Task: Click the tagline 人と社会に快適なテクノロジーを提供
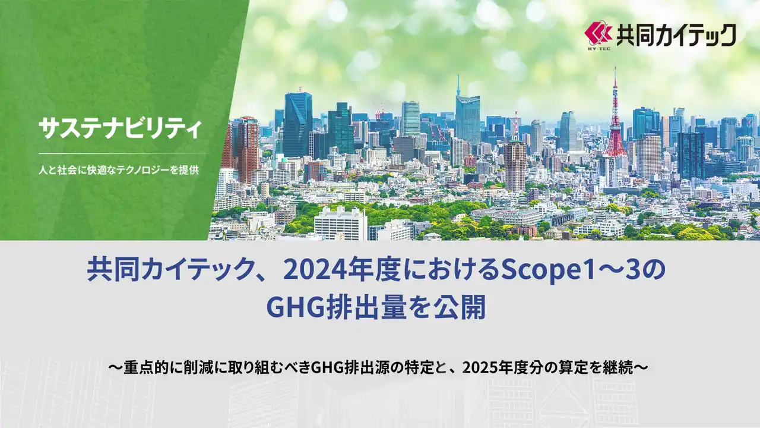(x=118, y=169)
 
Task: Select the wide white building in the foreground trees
(x=340, y=224)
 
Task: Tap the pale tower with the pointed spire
(x=467, y=116)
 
